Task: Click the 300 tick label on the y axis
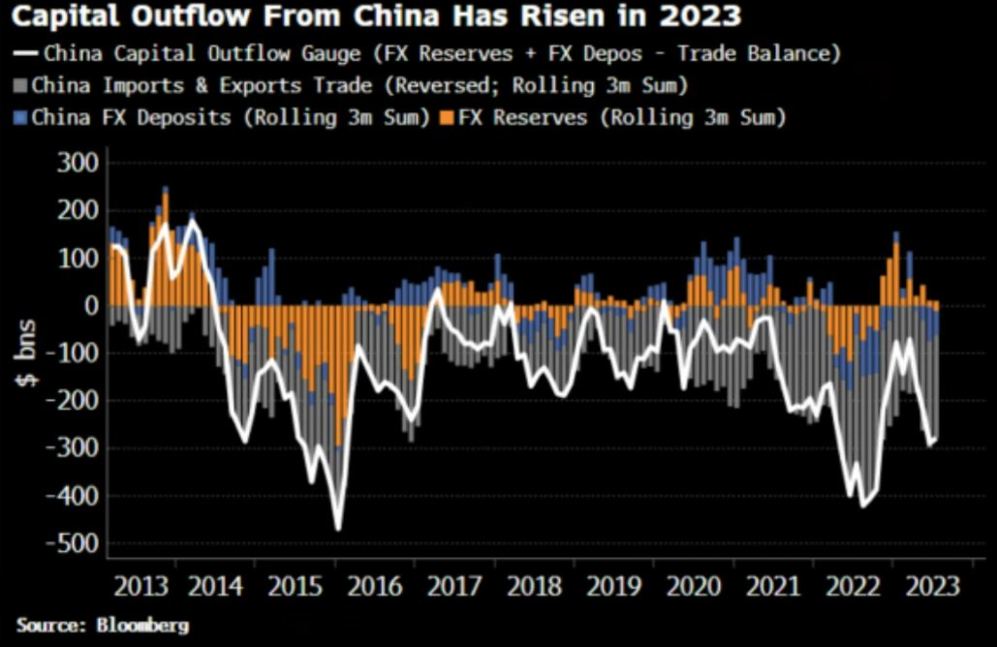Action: click(x=75, y=163)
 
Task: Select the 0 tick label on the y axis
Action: click(x=91, y=306)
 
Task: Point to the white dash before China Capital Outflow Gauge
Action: click(x=20, y=53)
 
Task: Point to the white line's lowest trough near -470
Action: click(x=338, y=529)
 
